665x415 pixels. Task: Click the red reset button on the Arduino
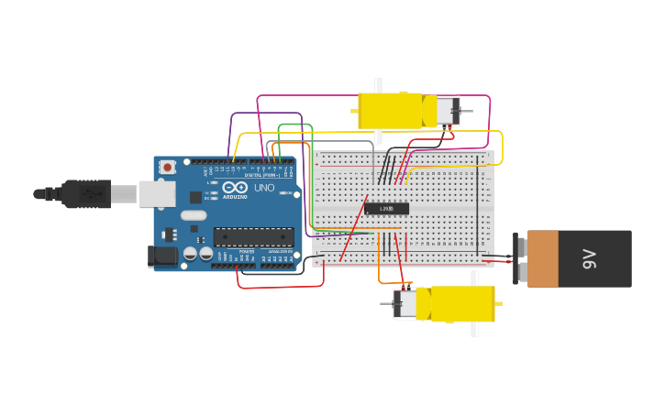(x=167, y=168)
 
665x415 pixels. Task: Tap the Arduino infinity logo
(x=234, y=188)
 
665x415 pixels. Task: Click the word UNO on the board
(x=264, y=188)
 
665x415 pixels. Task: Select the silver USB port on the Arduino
(x=157, y=193)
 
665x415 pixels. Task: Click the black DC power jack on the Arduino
(x=162, y=257)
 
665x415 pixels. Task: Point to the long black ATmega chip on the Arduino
(x=253, y=237)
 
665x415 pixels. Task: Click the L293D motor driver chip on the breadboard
(x=386, y=209)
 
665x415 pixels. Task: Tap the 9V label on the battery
(x=589, y=258)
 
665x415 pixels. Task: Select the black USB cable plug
(x=87, y=194)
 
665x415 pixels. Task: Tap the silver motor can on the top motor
(x=446, y=111)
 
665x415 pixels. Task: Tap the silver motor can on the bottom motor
(x=405, y=304)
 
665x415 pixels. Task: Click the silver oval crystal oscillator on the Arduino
(x=194, y=215)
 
